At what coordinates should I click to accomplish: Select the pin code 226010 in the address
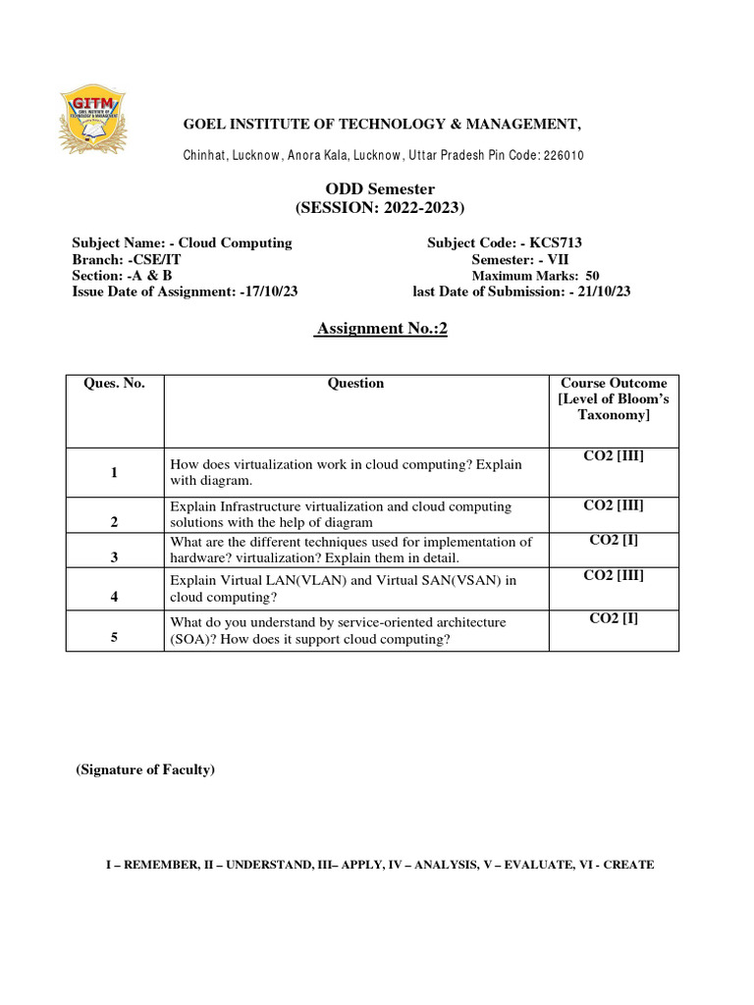point(564,156)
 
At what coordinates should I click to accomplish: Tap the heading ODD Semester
point(380,188)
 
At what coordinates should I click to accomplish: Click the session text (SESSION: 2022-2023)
point(380,207)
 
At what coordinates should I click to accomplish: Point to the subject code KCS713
point(563,242)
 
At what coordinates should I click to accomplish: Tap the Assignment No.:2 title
point(380,330)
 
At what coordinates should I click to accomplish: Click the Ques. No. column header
point(114,384)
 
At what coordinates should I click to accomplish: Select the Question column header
point(355,384)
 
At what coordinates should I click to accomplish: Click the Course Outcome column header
point(614,399)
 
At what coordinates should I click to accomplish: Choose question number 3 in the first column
point(114,556)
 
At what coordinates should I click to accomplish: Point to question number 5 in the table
point(114,638)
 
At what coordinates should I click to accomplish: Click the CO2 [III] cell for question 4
point(614,576)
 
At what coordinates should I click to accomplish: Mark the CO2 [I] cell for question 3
point(614,540)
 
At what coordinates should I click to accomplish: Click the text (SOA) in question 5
point(196,640)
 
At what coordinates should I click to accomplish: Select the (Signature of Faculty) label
point(145,770)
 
